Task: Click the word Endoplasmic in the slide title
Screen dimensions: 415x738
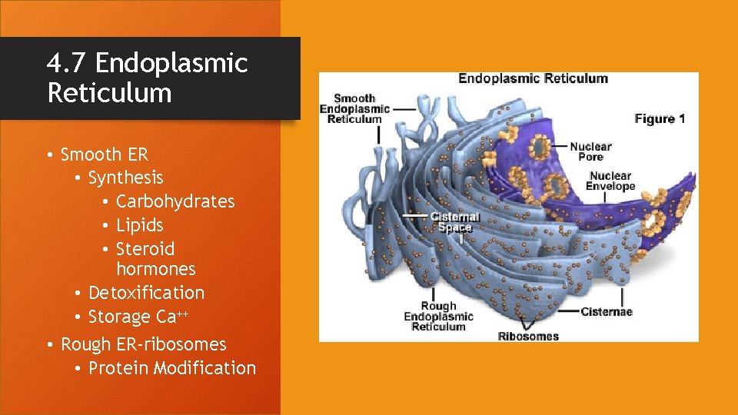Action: [x=171, y=63]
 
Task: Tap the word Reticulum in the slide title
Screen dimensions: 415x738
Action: [x=109, y=93]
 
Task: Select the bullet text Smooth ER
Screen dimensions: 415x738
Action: [x=104, y=154]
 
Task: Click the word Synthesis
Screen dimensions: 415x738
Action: [x=125, y=178]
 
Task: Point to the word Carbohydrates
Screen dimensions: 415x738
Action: [x=175, y=201]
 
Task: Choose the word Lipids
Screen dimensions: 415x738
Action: [x=139, y=225]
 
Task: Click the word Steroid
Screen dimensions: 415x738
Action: [x=145, y=249]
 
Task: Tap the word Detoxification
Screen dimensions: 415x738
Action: [x=146, y=293]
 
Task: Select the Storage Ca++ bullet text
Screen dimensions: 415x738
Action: [x=138, y=317]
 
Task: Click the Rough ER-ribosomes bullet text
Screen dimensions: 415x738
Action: [x=143, y=344]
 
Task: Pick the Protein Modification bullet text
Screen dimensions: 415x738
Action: [x=172, y=368]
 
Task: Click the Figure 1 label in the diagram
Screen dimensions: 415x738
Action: [x=660, y=118]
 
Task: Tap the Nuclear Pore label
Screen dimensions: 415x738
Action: [x=590, y=151]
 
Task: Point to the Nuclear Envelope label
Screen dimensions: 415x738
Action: [x=610, y=181]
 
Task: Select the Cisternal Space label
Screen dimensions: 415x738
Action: [x=454, y=223]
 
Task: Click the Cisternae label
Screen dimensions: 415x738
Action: [x=606, y=311]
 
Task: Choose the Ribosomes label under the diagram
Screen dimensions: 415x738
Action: [x=528, y=336]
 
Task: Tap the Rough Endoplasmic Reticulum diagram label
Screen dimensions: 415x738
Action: [x=438, y=316]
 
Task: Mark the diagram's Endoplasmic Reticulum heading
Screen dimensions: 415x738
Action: [x=533, y=78]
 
